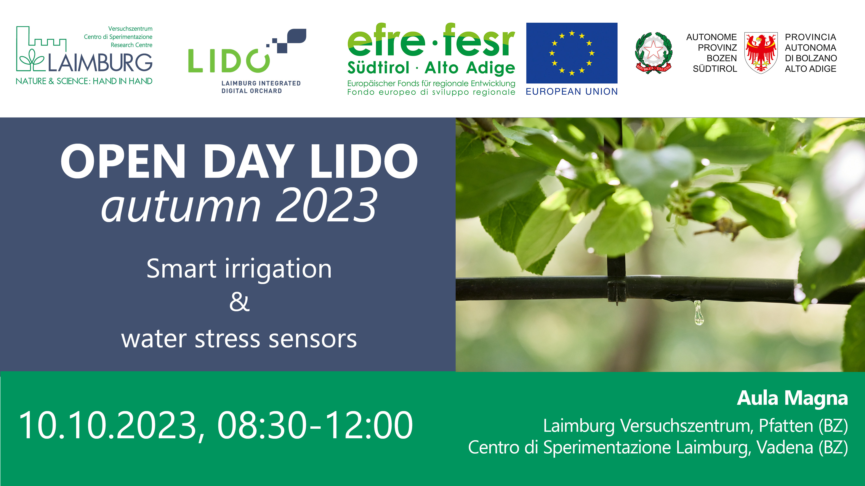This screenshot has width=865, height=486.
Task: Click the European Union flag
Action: pyautogui.click(x=572, y=53)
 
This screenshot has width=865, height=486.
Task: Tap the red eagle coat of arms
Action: pyautogui.click(x=761, y=53)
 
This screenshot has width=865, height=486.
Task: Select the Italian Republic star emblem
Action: pyautogui.click(x=654, y=53)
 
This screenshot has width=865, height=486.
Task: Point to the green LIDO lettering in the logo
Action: pyautogui.click(x=229, y=61)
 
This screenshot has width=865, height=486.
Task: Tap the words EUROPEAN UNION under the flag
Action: pyautogui.click(x=572, y=92)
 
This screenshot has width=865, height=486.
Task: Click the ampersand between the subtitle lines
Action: pyautogui.click(x=239, y=302)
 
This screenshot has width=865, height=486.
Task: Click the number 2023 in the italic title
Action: pyautogui.click(x=326, y=205)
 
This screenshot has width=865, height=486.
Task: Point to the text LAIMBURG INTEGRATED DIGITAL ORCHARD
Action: pyautogui.click(x=261, y=87)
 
